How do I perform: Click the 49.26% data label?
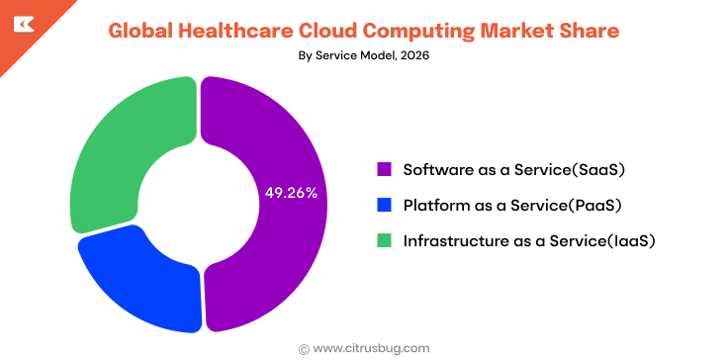[291, 193]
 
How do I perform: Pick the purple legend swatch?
[384, 169]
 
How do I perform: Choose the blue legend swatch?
[384, 205]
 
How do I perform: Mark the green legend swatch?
[384, 240]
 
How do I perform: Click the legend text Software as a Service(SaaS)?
[514, 169]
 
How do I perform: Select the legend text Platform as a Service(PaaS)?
[511, 205]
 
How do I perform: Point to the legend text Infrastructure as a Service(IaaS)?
[529, 240]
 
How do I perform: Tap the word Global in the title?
[141, 31]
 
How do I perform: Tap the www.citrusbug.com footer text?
[371, 348]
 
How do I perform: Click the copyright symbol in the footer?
[304, 348]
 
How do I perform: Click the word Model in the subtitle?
[362, 55]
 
